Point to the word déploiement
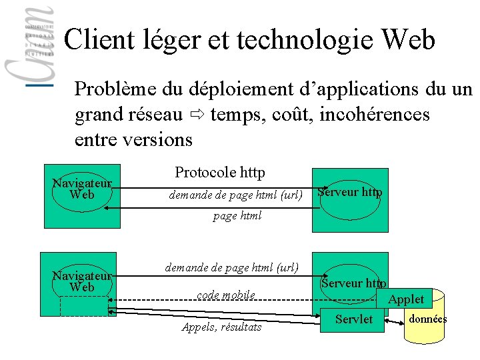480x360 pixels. coord(235,89)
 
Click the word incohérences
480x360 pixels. coord(375,115)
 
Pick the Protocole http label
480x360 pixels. coord(220,173)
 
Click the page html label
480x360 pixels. coord(237,215)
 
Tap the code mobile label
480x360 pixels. coord(225,295)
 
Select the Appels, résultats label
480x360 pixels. coord(222,327)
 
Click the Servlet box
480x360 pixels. coord(354,319)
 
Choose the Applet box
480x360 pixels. coord(405,299)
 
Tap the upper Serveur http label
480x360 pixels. coord(350,192)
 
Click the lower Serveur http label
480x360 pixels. coord(353,283)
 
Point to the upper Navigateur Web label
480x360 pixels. coord(82,189)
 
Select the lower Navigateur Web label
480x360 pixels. coord(82,281)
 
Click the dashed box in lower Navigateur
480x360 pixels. coord(83,305)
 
